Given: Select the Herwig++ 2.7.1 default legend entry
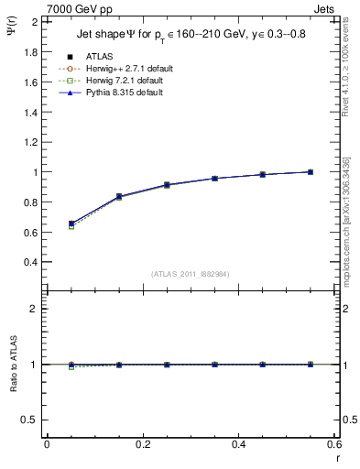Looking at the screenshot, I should [125, 69].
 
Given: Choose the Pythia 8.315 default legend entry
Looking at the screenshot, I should [124, 93].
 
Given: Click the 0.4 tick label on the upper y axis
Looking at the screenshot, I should [30, 262].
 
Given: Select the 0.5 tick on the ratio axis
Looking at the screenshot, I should [30, 420].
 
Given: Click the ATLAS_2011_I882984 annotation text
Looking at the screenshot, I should [191, 274].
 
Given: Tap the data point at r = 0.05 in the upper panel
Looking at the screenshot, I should [71, 224].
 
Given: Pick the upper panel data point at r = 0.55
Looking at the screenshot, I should [311, 171].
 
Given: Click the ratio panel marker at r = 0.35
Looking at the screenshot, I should [214, 365].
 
